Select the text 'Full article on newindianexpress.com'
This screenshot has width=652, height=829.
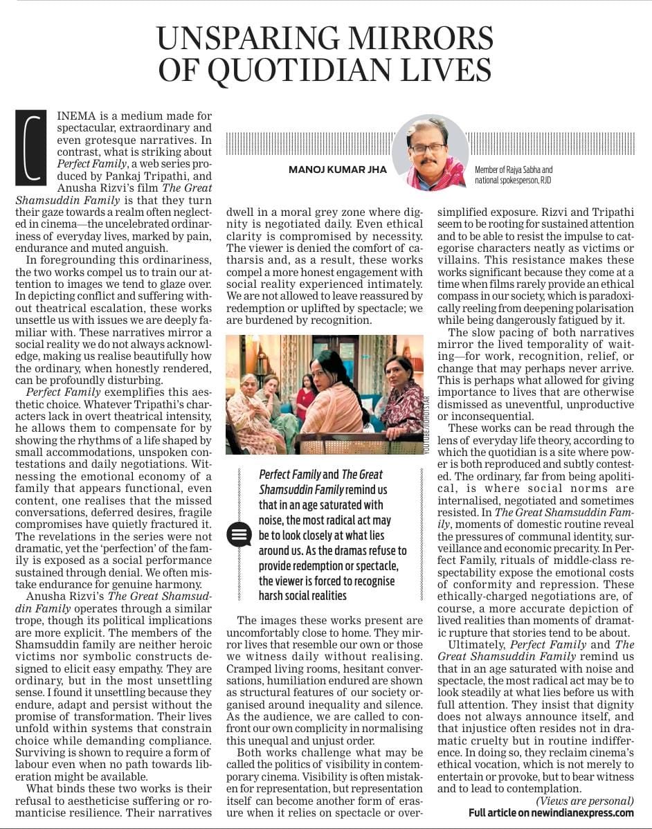pos(551,812)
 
